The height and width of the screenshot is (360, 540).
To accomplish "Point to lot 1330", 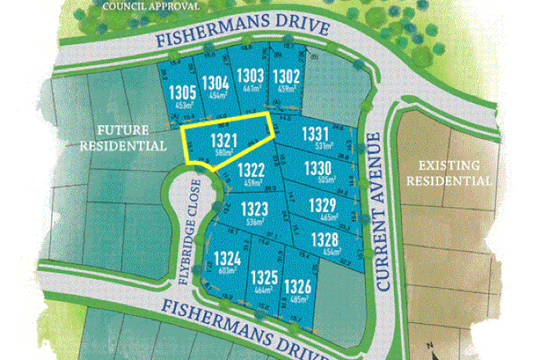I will [x=317, y=169].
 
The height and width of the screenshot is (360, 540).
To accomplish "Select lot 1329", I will [x=323, y=205].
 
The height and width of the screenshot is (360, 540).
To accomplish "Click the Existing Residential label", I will [x=449, y=172].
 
